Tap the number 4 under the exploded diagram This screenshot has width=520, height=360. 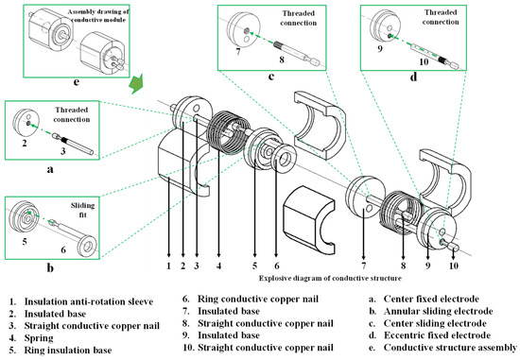coord(219,266)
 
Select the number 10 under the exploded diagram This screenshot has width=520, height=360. coord(454,266)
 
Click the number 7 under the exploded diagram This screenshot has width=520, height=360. coord(364,266)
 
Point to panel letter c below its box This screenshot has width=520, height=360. coord(271,77)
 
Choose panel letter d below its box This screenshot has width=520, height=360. coord(413,77)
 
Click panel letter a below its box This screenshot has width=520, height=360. coord(50,170)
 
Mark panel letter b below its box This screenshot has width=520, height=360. coord(50,267)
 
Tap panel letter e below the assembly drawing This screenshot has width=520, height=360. coord(77,82)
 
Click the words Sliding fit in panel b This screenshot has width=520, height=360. coord(82,210)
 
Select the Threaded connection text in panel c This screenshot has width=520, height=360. coord(298,18)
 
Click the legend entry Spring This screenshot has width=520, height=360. coord(39,338)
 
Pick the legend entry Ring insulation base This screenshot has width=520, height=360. coord(68,350)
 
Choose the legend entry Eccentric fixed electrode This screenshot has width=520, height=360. coord(437,335)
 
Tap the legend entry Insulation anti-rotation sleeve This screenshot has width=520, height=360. coord(89,301)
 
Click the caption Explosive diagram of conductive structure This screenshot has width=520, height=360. coord(330,278)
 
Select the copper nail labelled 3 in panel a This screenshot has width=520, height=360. coord(74,144)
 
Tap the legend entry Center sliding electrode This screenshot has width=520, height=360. coord(435,323)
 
